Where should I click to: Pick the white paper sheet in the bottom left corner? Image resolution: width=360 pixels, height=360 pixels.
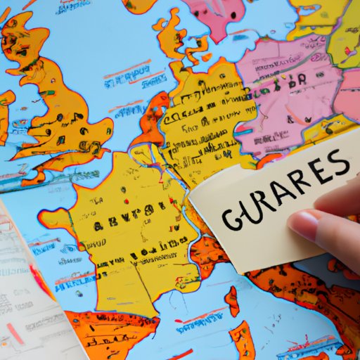28,295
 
